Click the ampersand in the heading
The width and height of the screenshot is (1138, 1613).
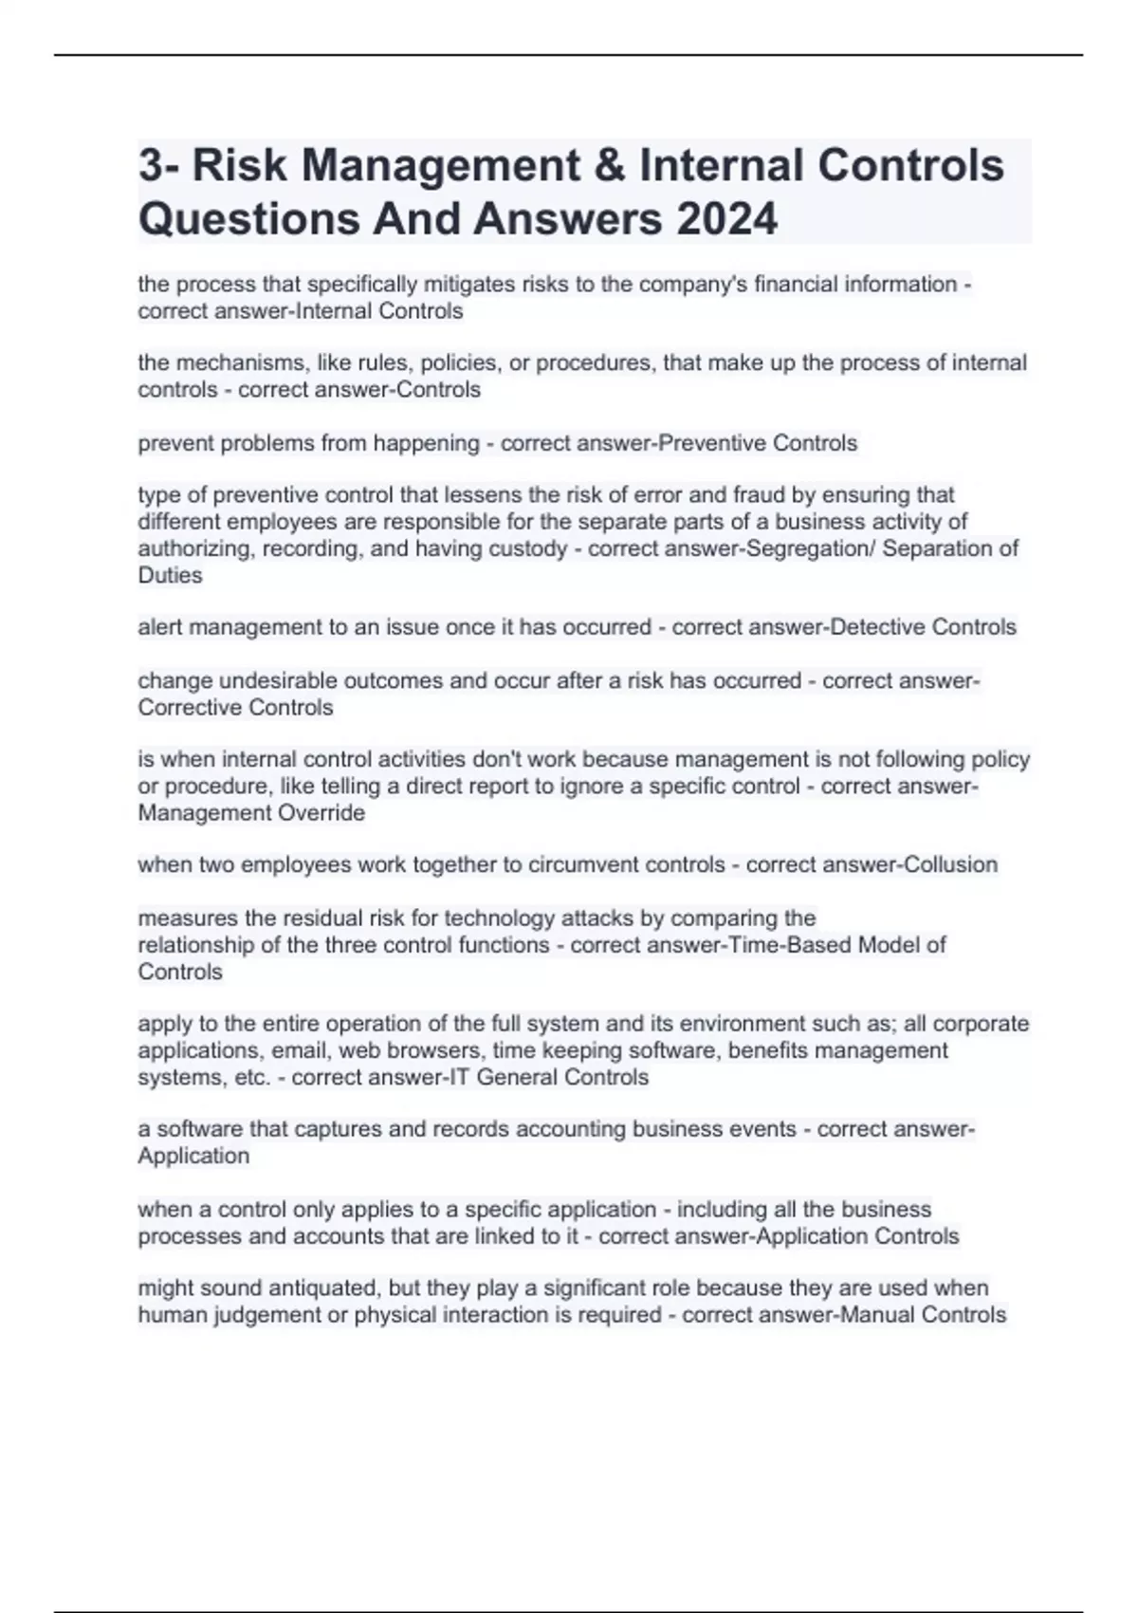tap(607, 165)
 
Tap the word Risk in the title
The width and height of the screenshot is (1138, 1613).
tap(239, 165)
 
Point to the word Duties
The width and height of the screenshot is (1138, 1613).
tap(170, 575)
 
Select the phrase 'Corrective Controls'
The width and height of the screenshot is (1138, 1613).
tap(235, 708)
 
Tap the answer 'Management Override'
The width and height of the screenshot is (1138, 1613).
tap(251, 813)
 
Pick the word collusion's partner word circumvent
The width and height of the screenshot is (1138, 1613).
tap(582, 864)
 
